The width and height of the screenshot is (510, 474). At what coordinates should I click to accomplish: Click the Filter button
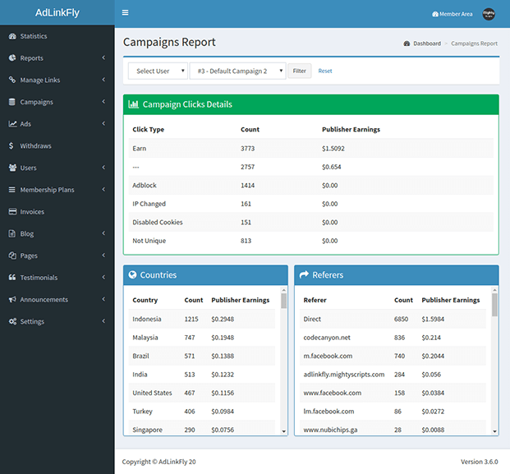(299, 71)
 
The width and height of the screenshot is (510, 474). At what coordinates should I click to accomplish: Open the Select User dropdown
(158, 71)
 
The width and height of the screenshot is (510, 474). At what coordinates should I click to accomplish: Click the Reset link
(325, 71)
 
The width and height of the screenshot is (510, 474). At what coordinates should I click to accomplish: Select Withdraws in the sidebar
(35, 146)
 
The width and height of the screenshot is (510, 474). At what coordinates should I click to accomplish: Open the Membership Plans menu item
(47, 190)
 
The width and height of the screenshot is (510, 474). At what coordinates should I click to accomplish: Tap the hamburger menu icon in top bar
(125, 13)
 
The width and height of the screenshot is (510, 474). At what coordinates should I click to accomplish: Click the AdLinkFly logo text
(57, 13)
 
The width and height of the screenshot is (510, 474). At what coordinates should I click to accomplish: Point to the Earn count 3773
(248, 149)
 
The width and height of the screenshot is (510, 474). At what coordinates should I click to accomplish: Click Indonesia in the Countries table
(147, 320)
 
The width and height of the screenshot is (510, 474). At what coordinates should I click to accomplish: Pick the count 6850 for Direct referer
(401, 320)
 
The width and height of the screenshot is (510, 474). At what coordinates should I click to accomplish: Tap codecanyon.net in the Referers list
(327, 338)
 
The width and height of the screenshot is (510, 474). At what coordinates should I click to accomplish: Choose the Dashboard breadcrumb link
(426, 44)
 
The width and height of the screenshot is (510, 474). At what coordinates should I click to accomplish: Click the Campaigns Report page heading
(169, 43)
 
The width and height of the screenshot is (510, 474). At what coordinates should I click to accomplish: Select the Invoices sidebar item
(32, 212)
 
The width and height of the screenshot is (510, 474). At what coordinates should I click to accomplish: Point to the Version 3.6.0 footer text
(479, 462)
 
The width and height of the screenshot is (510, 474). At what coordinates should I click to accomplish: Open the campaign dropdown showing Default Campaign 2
(237, 71)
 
